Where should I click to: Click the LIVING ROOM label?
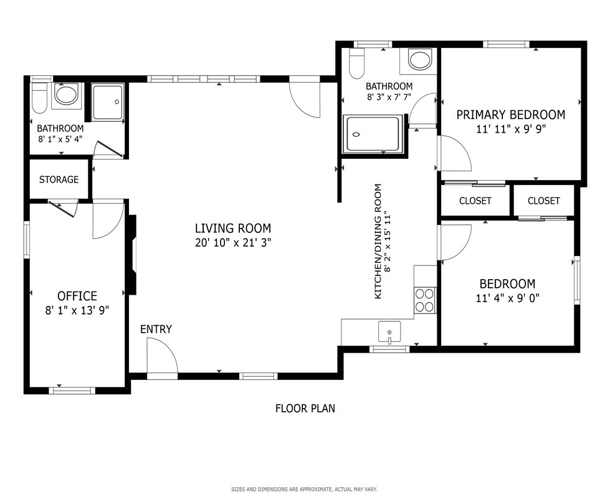232,228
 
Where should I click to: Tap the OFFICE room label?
77,296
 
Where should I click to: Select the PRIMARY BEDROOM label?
510,115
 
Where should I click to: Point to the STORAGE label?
59,179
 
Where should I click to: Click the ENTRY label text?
156,329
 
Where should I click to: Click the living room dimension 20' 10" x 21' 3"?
232,243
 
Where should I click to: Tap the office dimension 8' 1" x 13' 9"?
77,310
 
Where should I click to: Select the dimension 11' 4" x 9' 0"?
507,298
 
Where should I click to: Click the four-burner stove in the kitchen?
425,300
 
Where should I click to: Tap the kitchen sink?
389,332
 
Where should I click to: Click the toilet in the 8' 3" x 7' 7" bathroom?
356,63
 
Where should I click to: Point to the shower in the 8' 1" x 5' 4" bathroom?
108,102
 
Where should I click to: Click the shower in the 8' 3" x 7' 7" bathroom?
373,133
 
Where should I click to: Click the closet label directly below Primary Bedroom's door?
475,201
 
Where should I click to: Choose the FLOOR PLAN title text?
305,409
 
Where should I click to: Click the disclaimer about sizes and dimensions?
304,489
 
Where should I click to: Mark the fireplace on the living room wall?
133,255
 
